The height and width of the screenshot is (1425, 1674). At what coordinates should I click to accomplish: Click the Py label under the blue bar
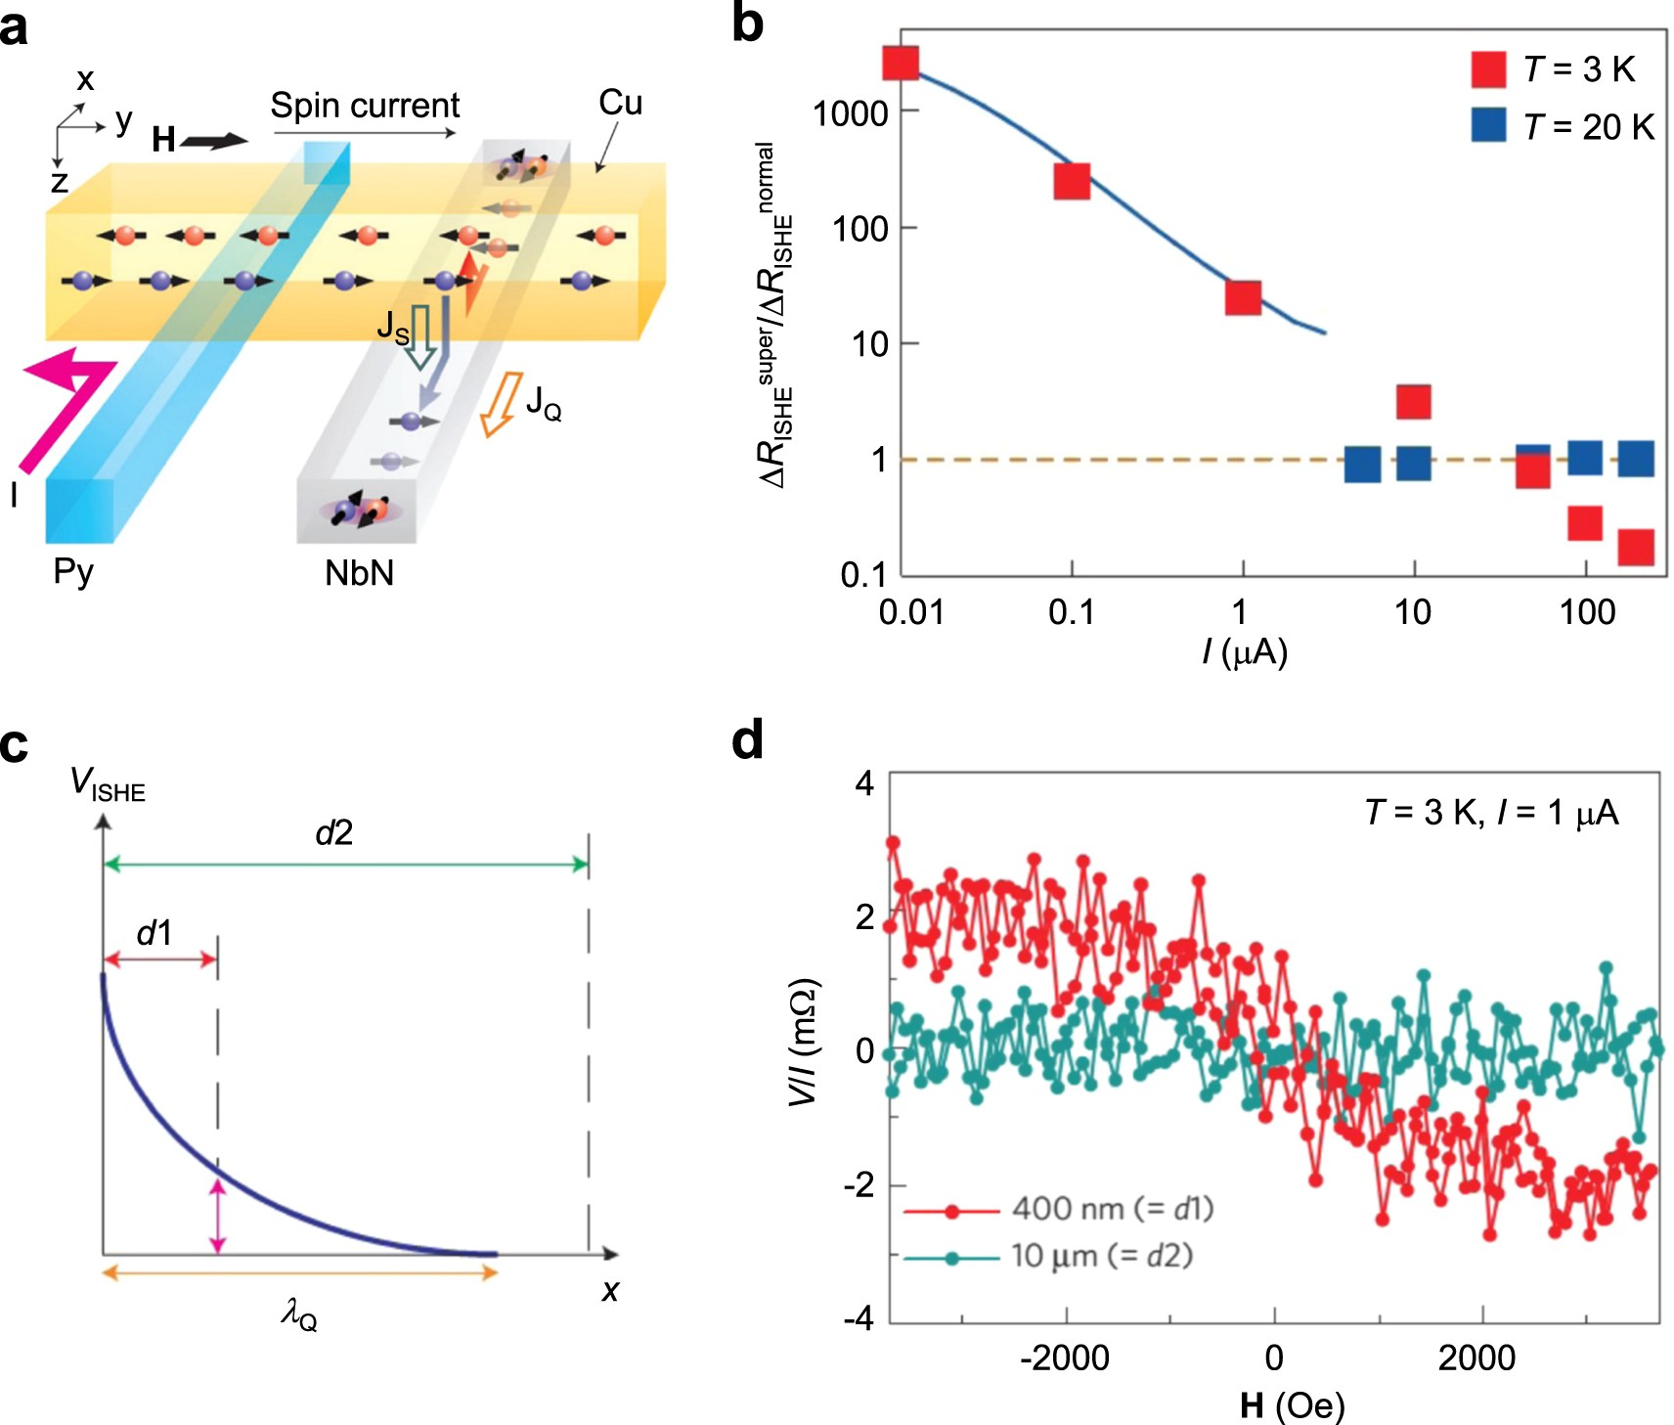click(x=73, y=571)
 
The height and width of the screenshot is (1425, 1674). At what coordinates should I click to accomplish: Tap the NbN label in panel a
click(x=359, y=573)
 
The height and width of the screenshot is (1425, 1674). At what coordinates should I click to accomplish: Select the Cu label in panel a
click(x=620, y=103)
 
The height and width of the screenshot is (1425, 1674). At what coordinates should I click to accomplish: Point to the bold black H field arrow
click(x=215, y=141)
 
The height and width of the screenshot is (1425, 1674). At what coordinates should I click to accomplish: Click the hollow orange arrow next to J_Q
click(x=501, y=403)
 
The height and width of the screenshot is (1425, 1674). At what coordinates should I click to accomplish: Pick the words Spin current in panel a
click(x=365, y=106)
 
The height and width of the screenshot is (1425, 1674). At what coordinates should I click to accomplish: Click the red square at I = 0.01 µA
click(x=901, y=63)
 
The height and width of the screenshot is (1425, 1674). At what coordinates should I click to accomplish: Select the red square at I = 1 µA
click(x=1243, y=297)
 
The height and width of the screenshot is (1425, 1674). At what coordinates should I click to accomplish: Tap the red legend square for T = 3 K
click(x=1488, y=69)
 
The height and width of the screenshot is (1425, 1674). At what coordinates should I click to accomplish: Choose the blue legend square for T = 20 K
click(x=1488, y=125)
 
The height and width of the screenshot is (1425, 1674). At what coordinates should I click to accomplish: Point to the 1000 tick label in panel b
click(x=850, y=113)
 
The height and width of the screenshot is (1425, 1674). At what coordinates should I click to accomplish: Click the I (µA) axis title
click(x=1244, y=652)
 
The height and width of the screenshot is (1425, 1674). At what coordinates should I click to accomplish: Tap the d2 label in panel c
click(x=333, y=833)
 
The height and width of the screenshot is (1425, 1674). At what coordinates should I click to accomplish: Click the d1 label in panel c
click(x=154, y=934)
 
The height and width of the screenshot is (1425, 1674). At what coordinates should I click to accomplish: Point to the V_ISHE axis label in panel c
click(x=108, y=784)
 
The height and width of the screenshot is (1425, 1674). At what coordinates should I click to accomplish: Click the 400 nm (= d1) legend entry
click(x=1112, y=1209)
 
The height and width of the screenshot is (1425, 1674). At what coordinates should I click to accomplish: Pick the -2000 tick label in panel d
click(x=1064, y=1358)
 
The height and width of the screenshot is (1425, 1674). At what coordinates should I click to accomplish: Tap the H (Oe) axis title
click(x=1292, y=1406)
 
